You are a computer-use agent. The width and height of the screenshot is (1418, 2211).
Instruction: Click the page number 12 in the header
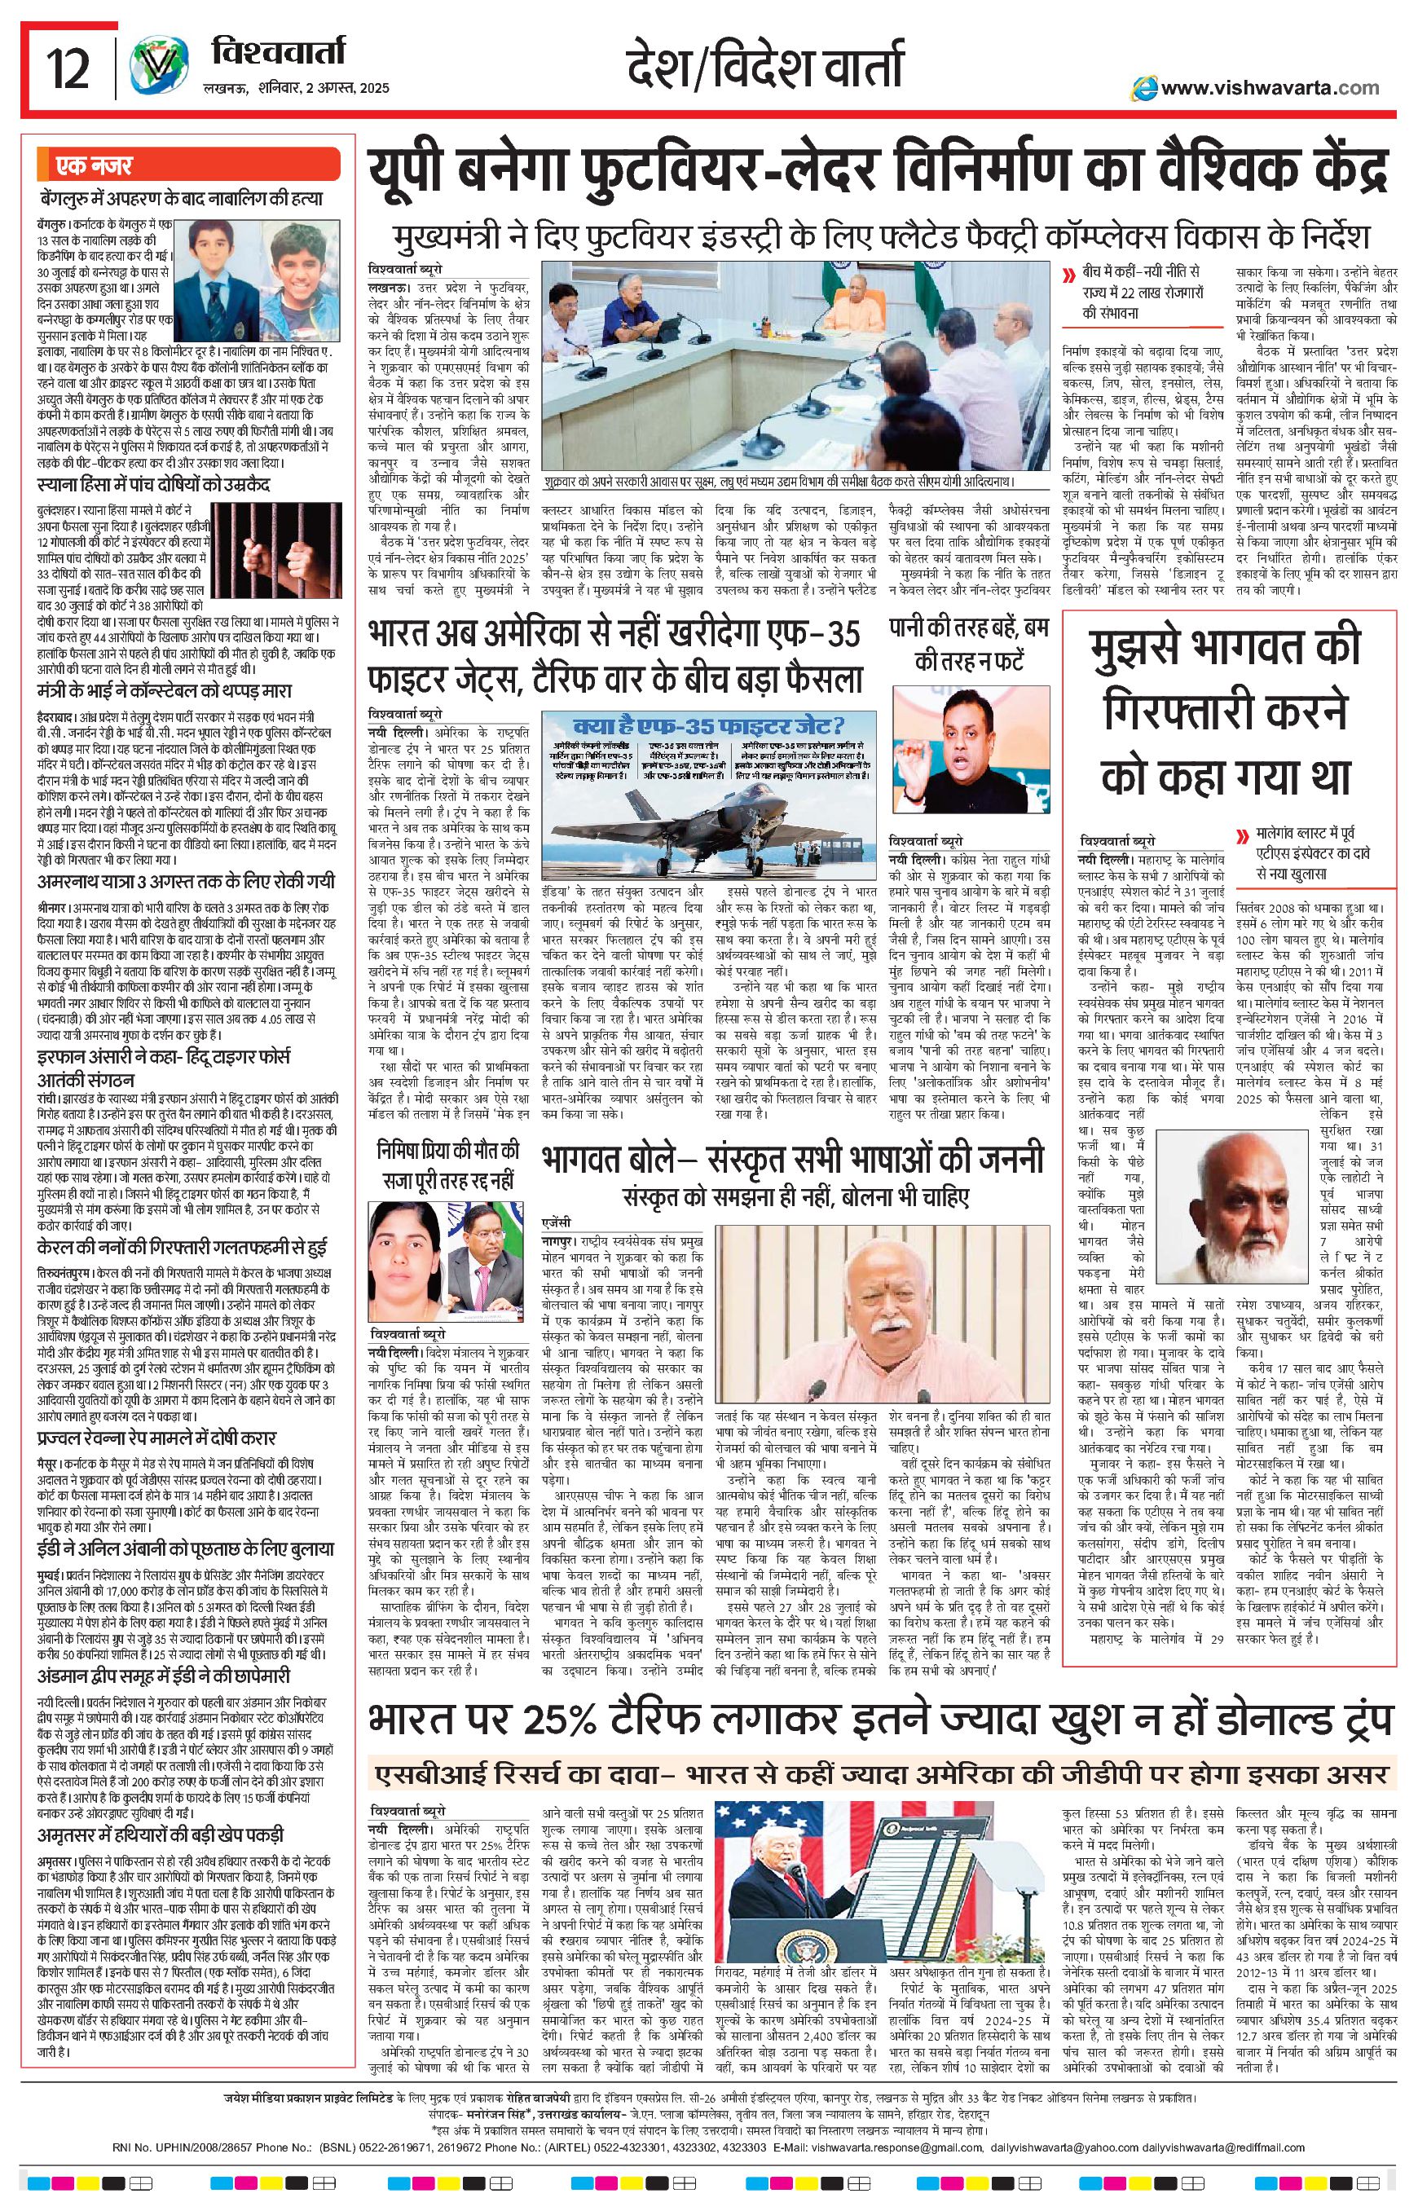pos(69,72)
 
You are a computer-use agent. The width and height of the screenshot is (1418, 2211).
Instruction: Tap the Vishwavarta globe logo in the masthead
pos(154,70)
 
